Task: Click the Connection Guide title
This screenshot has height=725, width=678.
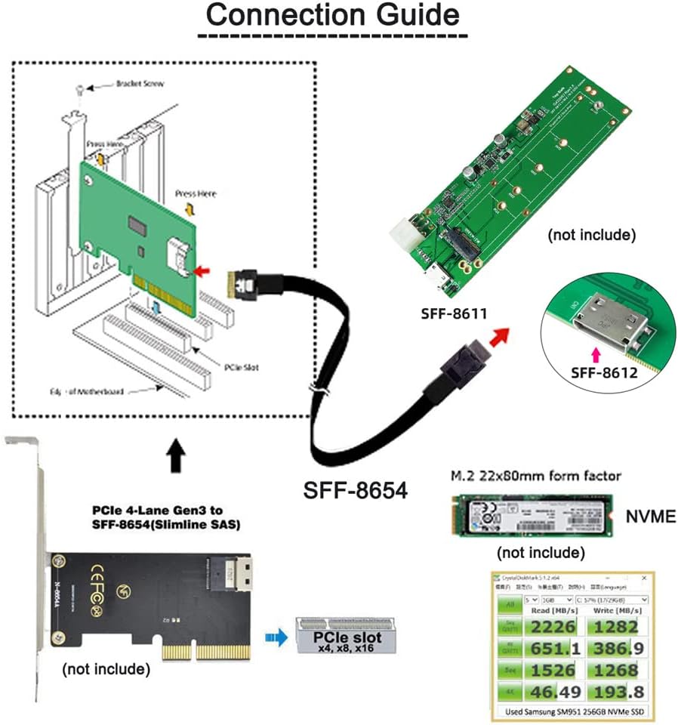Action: tap(332, 15)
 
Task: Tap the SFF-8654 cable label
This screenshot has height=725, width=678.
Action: tap(355, 490)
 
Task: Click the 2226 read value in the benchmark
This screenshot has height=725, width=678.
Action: tap(553, 626)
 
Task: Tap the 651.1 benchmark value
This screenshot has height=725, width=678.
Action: tap(553, 648)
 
